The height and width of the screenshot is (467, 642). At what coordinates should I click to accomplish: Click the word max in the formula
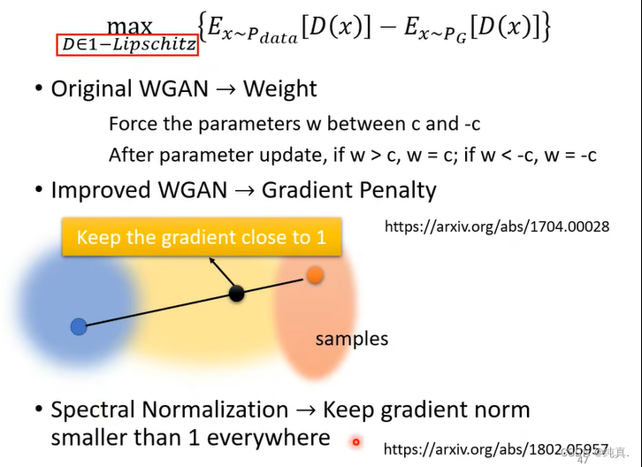coord(129,27)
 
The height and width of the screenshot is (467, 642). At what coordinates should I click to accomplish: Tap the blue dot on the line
coord(79,327)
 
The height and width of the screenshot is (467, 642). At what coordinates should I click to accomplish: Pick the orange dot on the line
coord(315,275)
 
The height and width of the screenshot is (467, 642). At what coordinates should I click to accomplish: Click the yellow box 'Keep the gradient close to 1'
coord(201,238)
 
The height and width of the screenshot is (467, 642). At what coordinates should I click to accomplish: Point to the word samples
coord(352,339)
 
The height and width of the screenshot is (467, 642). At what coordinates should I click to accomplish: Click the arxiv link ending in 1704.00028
coord(496,226)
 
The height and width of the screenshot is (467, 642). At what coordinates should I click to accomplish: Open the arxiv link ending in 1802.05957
coord(496,448)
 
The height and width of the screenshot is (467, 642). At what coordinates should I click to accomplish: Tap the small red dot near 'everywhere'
coord(356,441)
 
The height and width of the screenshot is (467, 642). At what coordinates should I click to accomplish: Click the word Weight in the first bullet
coord(279,89)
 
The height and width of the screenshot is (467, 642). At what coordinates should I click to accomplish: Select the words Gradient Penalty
coord(349,190)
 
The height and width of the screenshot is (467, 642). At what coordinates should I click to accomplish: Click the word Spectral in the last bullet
coord(93,410)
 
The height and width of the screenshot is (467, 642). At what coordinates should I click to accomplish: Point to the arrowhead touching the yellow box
coord(210,259)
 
